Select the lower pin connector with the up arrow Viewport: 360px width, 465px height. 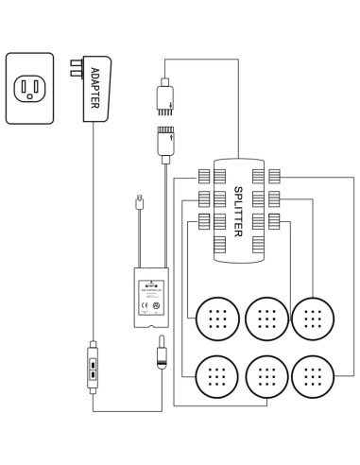pyautogui.click(x=164, y=142)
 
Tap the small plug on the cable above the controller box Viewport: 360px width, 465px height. pyautogui.click(x=139, y=201)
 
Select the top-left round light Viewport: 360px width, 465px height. pyautogui.click(x=218, y=319)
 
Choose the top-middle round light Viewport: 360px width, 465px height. pyautogui.click(x=266, y=319)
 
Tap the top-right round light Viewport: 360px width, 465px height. pyautogui.click(x=313, y=319)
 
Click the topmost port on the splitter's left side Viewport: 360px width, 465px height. pyautogui.click(x=204, y=174)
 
